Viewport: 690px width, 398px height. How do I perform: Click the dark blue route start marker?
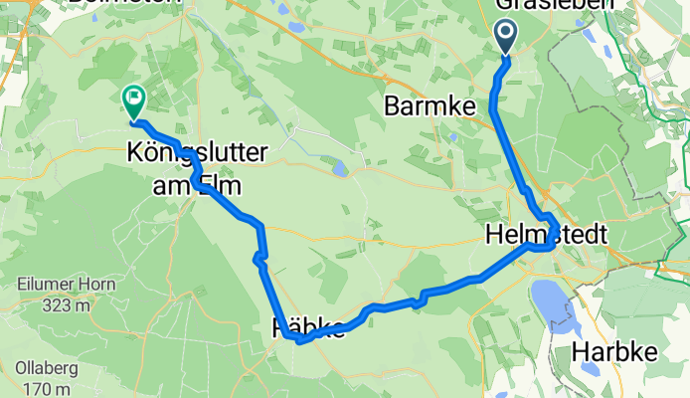coord(506,38)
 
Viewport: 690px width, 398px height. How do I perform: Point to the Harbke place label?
coord(612,353)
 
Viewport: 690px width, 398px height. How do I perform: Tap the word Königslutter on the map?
coord(184,154)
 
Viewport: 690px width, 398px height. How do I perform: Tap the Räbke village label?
coord(308,326)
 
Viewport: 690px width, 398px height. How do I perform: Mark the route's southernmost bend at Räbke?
coord(298,339)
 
